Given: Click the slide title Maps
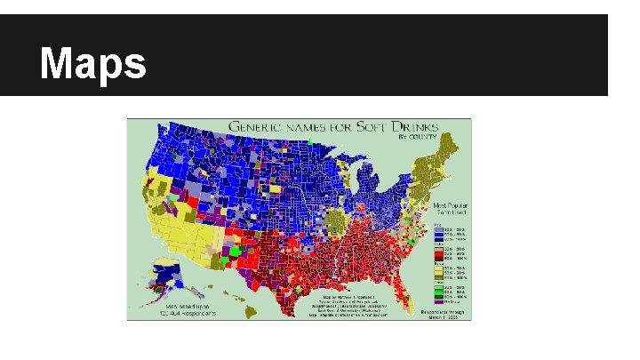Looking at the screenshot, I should coord(93,63).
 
